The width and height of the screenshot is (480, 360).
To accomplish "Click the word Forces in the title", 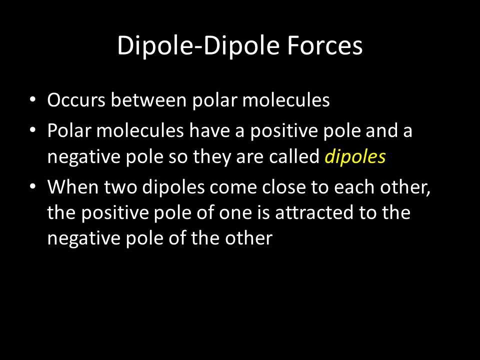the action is (x=325, y=45).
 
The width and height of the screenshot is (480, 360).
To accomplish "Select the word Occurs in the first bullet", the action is (x=76, y=100).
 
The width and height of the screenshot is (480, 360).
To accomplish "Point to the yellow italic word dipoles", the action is (x=355, y=156).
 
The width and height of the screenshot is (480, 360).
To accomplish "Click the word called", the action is (x=294, y=156).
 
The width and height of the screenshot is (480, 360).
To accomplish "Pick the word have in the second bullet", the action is (x=209, y=130).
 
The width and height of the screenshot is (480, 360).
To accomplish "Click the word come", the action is (x=233, y=187).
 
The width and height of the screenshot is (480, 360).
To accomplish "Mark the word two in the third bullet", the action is (x=120, y=187).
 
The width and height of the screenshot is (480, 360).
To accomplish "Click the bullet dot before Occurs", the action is (x=33, y=100).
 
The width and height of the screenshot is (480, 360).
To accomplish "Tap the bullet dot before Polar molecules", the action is (x=33, y=130).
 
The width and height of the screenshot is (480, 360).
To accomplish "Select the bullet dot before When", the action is (x=33, y=186).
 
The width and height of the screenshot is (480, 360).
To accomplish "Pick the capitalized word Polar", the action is (x=69, y=130).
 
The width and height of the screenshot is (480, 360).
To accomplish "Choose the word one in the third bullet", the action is (x=235, y=213).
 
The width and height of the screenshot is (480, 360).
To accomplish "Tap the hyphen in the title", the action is (x=197, y=47).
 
